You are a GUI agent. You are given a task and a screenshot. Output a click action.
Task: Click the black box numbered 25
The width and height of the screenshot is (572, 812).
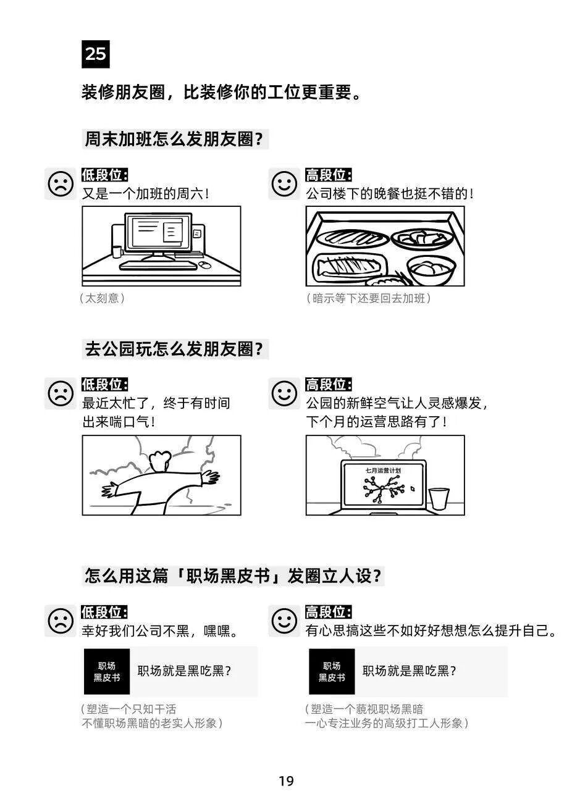click(x=95, y=54)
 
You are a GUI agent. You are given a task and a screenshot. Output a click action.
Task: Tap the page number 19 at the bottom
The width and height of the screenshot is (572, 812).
click(x=286, y=781)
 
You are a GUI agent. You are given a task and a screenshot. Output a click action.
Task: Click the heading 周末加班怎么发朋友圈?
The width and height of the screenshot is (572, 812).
click(x=174, y=139)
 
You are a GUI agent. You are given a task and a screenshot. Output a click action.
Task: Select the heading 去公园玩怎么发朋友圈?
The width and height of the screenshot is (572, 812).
click(x=174, y=349)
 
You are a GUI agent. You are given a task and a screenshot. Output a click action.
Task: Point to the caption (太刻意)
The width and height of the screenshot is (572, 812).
click(x=103, y=298)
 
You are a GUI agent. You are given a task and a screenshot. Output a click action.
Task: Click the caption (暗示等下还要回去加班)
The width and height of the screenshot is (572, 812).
click(x=369, y=298)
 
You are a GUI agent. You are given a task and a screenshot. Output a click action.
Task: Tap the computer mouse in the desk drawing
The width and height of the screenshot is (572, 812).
click(x=205, y=265)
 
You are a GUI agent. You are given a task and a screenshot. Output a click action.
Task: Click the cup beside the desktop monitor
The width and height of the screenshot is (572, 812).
click(x=117, y=251)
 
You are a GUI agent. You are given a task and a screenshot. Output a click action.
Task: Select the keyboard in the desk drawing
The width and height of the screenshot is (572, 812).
click(x=159, y=266)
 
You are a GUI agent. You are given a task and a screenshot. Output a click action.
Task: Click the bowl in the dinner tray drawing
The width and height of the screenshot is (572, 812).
click(x=431, y=270)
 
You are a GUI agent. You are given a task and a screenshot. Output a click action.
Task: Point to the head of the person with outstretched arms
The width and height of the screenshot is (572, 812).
click(x=160, y=461)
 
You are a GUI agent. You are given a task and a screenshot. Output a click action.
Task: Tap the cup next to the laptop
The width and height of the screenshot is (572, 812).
click(x=439, y=499)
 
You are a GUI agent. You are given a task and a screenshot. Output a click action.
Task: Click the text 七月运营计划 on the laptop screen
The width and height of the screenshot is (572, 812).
click(x=383, y=471)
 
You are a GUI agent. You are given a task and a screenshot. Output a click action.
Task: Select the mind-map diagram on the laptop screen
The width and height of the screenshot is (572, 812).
click(x=384, y=489)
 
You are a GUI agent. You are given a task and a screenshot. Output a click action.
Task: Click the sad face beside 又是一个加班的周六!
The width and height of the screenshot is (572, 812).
click(x=60, y=184)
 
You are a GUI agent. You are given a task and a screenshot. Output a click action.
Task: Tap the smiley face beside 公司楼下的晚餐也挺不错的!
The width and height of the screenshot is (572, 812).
click(x=284, y=184)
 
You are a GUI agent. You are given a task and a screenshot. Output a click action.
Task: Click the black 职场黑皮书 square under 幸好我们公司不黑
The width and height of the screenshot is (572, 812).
click(x=107, y=672)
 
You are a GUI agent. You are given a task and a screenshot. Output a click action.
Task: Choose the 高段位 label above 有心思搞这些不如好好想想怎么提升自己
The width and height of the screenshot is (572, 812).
click(x=328, y=613)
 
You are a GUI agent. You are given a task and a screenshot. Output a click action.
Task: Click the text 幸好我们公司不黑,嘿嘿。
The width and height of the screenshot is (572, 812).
click(x=160, y=631)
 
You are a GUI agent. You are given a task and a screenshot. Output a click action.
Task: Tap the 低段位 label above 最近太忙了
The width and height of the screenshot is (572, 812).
click(x=104, y=385)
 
